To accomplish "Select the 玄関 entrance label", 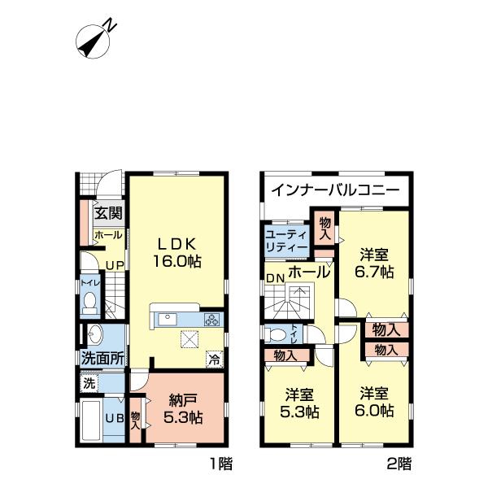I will click(107, 215).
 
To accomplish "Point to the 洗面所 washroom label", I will click(102, 357).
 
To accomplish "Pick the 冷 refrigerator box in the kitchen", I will click(212, 356).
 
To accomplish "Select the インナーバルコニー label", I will click(333, 192).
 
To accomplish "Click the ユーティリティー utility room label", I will click(285, 241).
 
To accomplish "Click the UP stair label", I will click(114, 264).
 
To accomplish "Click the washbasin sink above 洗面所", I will click(95, 333).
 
